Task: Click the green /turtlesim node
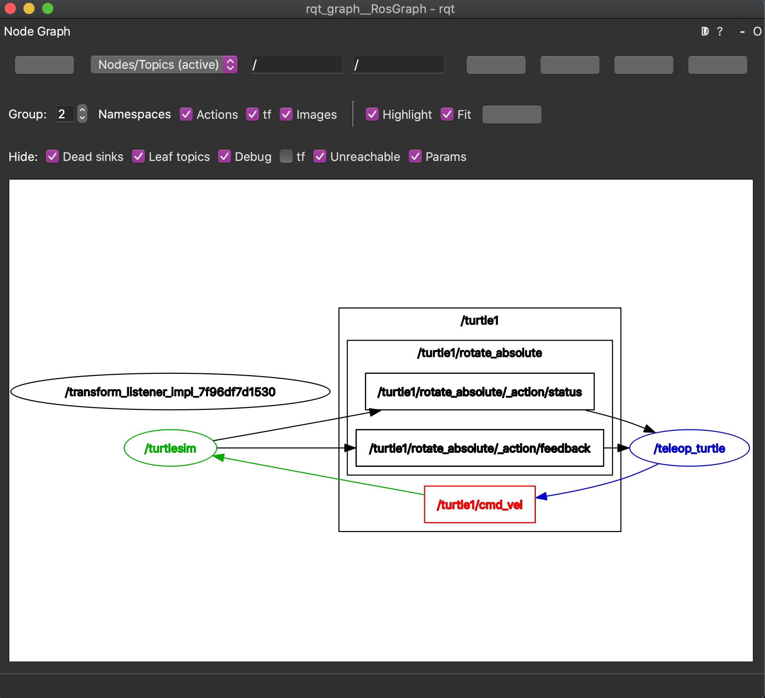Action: [x=170, y=448]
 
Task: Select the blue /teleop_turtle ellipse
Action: [x=689, y=448]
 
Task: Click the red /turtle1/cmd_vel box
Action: [x=479, y=504]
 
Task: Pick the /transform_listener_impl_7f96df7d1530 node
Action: [x=170, y=392]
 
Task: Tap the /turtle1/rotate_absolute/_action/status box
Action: [x=479, y=392]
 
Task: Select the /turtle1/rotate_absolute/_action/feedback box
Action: [x=479, y=448]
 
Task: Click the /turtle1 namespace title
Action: [x=479, y=320]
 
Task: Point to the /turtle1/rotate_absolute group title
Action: [x=479, y=353]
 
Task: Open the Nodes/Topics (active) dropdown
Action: [x=164, y=65]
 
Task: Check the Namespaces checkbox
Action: [x=186, y=114]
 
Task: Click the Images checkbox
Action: [x=286, y=114]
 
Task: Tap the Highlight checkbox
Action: [x=372, y=114]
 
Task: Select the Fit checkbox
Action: [x=447, y=114]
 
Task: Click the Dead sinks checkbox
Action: [x=52, y=156]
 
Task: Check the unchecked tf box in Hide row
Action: [x=286, y=156]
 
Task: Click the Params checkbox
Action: [x=415, y=156]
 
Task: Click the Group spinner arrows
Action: [x=82, y=114]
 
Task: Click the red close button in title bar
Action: [x=10, y=8]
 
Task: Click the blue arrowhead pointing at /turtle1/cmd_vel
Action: [x=541, y=496]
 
